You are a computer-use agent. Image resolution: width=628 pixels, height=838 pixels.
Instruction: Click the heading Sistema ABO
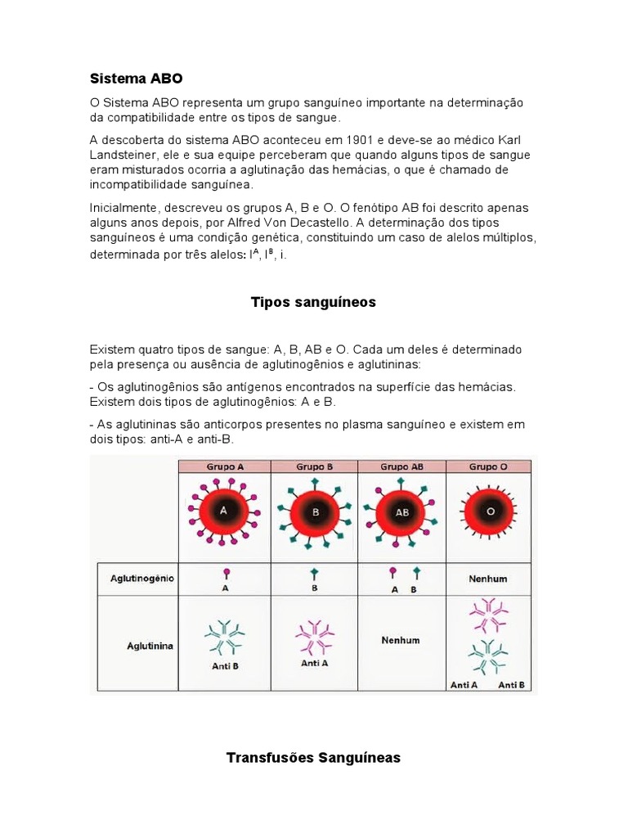pos(136,79)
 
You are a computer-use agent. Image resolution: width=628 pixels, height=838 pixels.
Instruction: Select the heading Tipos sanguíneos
pos(313,302)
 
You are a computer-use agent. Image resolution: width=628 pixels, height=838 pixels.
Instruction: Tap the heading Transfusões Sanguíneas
pos(313,758)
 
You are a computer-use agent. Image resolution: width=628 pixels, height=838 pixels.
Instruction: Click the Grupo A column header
pos(224,466)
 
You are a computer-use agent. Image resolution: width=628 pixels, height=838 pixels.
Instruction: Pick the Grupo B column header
pos(314,466)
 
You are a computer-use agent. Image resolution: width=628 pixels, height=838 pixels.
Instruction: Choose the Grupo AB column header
pos(401,466)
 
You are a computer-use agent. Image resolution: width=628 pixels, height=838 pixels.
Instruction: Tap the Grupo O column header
pos(488,466)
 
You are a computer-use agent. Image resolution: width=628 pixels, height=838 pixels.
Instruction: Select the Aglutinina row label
pos(150,646)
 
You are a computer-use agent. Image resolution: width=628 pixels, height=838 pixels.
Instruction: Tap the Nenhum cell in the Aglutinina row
pos(401,640)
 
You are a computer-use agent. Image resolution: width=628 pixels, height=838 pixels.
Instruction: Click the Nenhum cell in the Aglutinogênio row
pos(488,579)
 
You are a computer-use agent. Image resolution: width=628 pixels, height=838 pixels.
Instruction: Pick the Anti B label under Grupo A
pos(225,665)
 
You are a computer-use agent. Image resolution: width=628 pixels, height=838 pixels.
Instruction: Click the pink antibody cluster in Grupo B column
pos(314,634)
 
